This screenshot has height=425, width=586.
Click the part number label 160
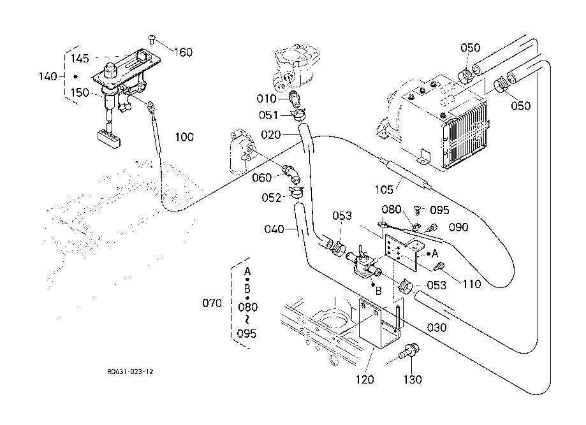click(x=184, y=52)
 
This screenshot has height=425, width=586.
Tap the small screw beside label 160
click(x=152, y=39)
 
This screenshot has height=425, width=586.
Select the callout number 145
click(x=80, y=59)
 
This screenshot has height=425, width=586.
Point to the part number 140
click(x=48, y=76)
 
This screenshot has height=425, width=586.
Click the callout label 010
click(x=267, y=99)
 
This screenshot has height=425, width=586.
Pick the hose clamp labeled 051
click(x=297, y=115)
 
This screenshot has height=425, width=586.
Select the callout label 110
click(x=472, y=285)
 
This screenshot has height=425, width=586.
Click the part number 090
click(x=459, y=226)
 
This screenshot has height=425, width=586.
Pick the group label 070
click(x=212, y=303)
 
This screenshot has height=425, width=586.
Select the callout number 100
click(x=184, y=137)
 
